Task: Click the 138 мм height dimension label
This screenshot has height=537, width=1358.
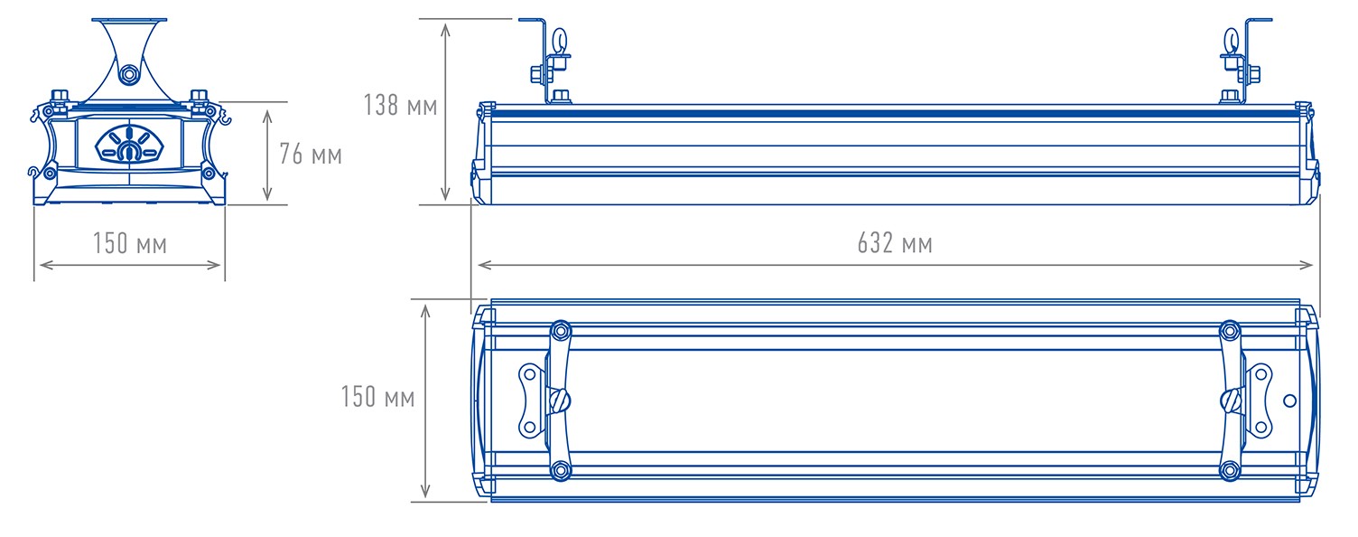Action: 400,106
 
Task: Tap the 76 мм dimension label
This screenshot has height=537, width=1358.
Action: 311,154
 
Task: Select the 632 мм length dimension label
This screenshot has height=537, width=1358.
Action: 895,242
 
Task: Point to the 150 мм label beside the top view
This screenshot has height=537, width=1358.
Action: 377,396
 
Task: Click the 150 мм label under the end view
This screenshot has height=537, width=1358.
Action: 130,242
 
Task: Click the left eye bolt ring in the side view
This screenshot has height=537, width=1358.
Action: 560,41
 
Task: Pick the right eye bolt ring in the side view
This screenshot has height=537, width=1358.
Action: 1232,41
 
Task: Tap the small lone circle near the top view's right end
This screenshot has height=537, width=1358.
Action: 1290,400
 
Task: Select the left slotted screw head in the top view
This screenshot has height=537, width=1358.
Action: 559,400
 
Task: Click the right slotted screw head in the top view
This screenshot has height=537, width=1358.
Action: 1231,400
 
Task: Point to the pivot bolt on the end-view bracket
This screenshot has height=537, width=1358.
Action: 128,75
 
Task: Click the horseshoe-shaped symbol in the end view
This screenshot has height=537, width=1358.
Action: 129,152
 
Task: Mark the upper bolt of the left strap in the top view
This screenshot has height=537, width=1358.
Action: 561,331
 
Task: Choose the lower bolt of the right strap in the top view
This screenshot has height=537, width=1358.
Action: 1230,470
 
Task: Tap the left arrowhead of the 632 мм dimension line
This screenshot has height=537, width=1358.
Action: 485,265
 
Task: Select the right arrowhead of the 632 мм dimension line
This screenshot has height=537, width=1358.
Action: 1306,265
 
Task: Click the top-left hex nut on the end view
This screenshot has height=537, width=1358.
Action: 60,96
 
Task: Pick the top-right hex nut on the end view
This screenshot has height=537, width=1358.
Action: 199,96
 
